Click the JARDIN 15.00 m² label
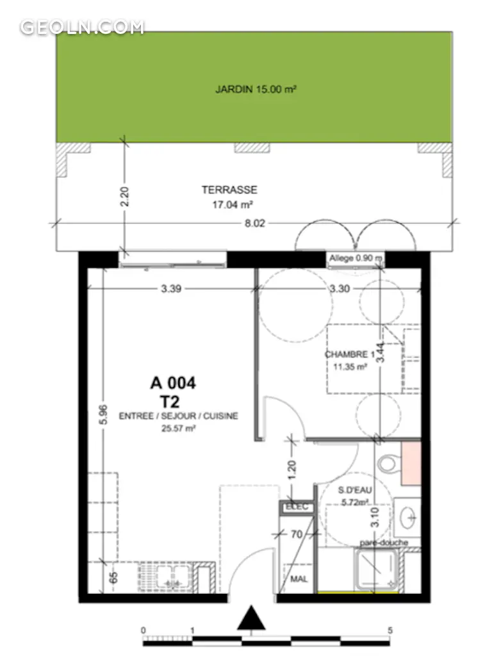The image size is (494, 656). pos(256,89)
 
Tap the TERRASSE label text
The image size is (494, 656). pos(229,190)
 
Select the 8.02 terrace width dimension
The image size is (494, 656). pos(255,224)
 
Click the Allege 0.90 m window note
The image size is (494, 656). pos(356,258)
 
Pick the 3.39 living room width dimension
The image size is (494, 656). pos(171,289)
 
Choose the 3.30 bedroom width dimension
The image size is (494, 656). pos(340,289)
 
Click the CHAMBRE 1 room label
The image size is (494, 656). pos(350,354)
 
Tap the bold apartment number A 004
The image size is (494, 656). pos(173,383)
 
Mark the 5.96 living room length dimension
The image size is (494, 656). pos(103,414)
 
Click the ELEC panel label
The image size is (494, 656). pos(297,507)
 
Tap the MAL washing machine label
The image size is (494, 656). pos(299,579)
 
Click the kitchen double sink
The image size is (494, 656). pos(165,577)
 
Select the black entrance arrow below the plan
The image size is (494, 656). pos(251,618)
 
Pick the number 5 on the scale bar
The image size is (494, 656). pos(390,630)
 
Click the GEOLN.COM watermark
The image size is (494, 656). pos(82,27)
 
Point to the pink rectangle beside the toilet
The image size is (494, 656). pos(411,464)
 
